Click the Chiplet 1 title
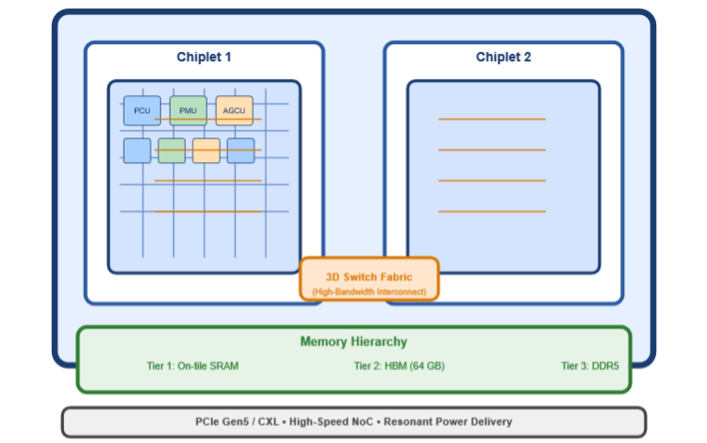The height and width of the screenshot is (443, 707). pyautogui.click(x=204, y=57)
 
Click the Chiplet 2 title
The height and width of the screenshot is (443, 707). pyautogui.click(x=503, y=57)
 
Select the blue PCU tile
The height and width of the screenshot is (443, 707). pyautogui.click(x=141, y=110)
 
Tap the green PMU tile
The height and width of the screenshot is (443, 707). pyautogui.click(x=188, y=110)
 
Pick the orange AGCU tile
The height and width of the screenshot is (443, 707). pyautogui.click(x=234, y=110)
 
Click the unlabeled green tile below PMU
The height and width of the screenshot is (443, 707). pyautogui.click(x=172, y=151)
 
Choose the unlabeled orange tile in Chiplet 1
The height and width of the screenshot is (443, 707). pyautogui.click(x=206, y=151)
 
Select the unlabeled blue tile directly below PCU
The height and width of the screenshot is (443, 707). pyautogui.click(x=137, y=151)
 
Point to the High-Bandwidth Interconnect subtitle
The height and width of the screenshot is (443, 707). pyautogui.click(x=369, y=292)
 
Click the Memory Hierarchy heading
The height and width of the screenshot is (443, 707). pyautogui.click(x=353, y=342)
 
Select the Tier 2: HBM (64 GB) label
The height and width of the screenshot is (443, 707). pyautogui.click(x=399, y=366)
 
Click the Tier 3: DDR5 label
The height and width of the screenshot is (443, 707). pyautogui.click(x=589, y=366)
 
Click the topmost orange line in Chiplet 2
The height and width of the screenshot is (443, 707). pyautogui.click(x=491, y=119)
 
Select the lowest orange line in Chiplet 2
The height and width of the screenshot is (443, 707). pyautogui.click(x=491, y=211)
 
